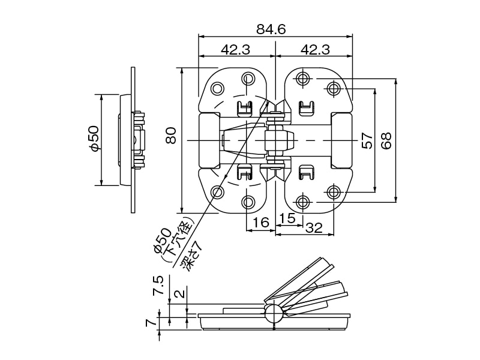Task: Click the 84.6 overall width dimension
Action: [x=275, y=29]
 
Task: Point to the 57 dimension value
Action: [x=367, y=140]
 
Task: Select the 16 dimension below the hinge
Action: [x=260, y=223]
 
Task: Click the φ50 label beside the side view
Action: [x=93, y=139]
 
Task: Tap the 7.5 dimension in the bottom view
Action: [x=158, y=286]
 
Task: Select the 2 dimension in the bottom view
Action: [x=179, y=294]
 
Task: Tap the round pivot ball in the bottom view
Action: [x=273, y=313]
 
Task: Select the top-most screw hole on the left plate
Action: [x=248, y=79]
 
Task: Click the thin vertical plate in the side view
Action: [x=133, y=140]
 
